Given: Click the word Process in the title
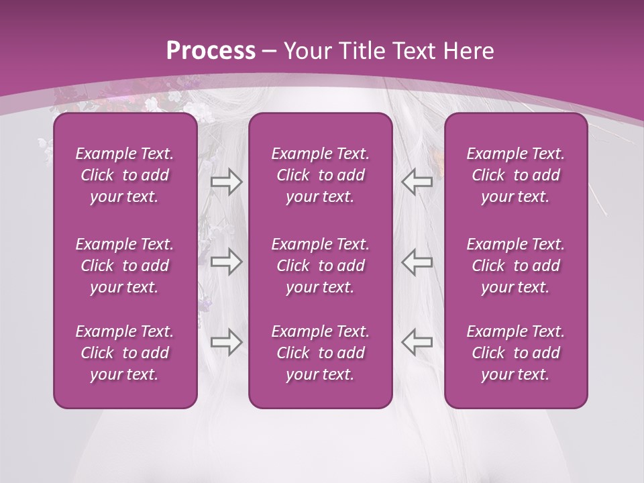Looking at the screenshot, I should (x=211, y=51).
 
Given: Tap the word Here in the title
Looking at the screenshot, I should (x=468, y=51).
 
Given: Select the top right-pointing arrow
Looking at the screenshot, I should (x=227, y=182).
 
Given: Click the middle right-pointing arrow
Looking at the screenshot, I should (x=227, y=262).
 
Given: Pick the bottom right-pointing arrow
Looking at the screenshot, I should (x=227, y=341).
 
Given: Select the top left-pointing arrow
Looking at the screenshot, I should (x=417, y=182).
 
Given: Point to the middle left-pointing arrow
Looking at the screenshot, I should (x=417, y=262).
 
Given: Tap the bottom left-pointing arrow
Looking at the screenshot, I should (x=417, y=341).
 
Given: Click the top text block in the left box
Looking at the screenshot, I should (x=125, y=175).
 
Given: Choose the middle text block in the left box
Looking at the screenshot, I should (x=125, y=266).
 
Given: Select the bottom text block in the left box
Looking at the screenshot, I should (x=125, y=353).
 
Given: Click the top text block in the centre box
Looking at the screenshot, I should (x=320, y=175).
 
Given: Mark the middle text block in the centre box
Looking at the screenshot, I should (x=320, y=266).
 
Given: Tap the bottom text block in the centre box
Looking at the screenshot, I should (x=320, y=353).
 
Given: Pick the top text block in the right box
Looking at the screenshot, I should (x=515, y=175).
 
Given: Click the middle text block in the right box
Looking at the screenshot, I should (x=515, y=266).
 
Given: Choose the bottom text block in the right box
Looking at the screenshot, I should (x=515, y=353).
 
